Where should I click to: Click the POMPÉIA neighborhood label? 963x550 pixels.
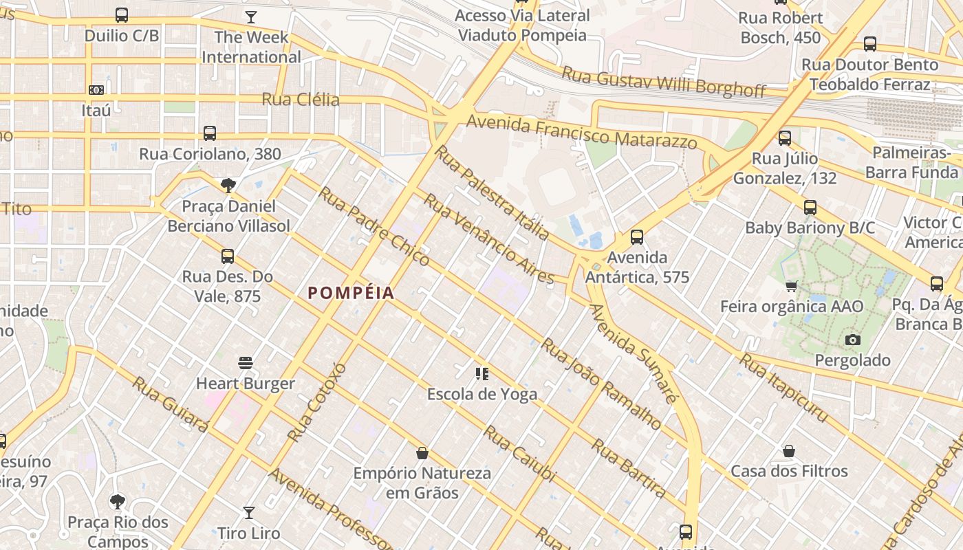click(x=351, y=293)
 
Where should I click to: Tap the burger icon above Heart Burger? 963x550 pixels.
click(x=246, y=362)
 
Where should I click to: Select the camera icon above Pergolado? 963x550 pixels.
click(x=852, y=340)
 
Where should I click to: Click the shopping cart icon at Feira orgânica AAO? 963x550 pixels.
click(x=791, y=286)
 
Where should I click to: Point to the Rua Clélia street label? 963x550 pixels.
click(x=301, y=100)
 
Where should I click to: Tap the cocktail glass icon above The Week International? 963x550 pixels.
click(x=251, y=16)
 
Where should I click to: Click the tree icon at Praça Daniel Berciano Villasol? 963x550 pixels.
click(x=228, y=186)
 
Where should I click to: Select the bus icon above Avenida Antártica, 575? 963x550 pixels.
click(x=637, y=237)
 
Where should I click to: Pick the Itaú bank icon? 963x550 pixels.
click(x=96, y=89)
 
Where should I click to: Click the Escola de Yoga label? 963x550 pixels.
click(x=481, y=394)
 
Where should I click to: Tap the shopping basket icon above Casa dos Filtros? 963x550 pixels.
click(x=789, y=451)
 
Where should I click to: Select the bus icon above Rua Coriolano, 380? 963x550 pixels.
click(x=210, y=133)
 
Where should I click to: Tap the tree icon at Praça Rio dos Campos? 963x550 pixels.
click(x=118, y=501)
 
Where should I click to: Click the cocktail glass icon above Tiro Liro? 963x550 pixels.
click(x=249, y=512)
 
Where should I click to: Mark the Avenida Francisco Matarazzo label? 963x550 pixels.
click(x=582, y=133)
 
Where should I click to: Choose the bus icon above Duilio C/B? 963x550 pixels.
click(x=122, y=14)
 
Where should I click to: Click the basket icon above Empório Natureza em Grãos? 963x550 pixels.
click(x=422, y=453)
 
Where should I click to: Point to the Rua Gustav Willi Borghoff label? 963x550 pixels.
click(x=664, y=81)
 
